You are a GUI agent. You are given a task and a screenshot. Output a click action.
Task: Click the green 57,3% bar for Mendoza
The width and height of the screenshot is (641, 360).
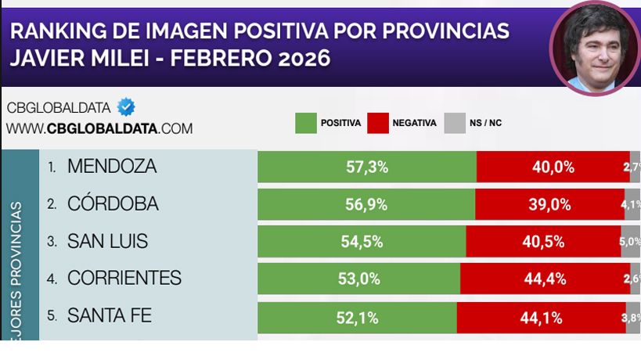coord(366,167)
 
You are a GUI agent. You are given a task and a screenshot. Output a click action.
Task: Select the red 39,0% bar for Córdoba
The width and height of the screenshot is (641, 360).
coord(549,204)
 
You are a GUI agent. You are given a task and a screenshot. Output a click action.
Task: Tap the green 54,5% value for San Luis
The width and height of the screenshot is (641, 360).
coord(362,242)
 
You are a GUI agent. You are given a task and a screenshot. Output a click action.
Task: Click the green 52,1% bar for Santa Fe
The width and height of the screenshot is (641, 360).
coord(357,317)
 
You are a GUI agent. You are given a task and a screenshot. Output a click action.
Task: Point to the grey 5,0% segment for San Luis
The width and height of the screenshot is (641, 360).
coord(631,242)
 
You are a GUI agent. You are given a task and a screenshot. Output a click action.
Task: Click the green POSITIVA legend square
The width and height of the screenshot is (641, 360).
coord(305,124)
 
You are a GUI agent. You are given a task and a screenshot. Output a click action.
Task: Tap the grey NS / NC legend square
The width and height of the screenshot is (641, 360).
coord(454,124)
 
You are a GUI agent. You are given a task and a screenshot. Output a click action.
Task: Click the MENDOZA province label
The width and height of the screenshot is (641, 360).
coord(112,167)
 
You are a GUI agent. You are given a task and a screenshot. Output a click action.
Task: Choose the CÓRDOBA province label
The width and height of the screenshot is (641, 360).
coord(113,204)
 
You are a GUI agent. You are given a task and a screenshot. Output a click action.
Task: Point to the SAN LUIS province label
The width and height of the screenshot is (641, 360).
coord(107,242)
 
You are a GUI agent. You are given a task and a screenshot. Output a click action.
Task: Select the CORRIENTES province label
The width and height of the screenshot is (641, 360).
coord(124,279)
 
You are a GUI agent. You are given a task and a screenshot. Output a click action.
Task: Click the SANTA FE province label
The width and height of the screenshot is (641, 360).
coord(109,316)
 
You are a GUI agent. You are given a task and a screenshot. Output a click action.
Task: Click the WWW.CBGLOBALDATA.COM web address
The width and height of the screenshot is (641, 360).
coord(99,128)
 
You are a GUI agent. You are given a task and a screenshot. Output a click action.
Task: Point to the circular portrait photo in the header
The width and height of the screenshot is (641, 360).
coord(594,48)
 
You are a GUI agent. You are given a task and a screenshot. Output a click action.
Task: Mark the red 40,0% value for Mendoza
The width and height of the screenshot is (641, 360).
coord(553,167)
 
